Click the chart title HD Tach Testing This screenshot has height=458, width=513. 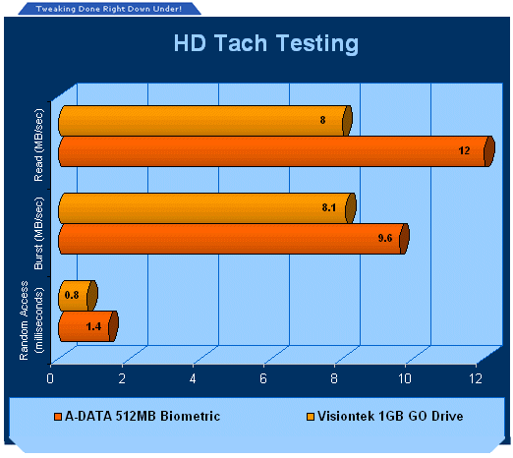pyautogui.click(x=266, y=43)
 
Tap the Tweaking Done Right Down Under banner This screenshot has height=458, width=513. pyautogui.click(x=109, y=9)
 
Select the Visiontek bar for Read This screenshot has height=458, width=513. pyautogui.click(x=205, y=121)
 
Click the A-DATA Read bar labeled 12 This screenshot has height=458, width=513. pyautogui.click(x=276, y=151)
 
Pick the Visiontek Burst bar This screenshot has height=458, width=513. pyautogui.click(x=207, y=208)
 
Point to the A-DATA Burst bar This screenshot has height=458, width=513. pyautogui.click(x=234, y=239)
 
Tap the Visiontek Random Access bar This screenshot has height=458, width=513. pyautogui.click(x=78, y=296)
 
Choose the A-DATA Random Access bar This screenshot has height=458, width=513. pyautogui.click(x=88, y=326)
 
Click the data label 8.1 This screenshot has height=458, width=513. pyautogui.click(x=329, y=207)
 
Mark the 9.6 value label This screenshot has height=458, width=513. pyautogui.click(x=385, y=238)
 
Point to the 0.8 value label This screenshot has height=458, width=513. pyautogui.click(x=72, y=295)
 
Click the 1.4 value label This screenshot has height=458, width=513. pyautogui.click(x=93, y=326)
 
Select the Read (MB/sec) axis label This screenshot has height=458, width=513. pyautogui.click(x=38, y=145)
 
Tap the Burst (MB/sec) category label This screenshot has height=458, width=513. pyautogui.click(x=38, y=233)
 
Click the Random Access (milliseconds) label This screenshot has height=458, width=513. pyautogui.click(x=31, y=320)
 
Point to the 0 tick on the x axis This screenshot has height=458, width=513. pyautogui.click(x=50, y=378)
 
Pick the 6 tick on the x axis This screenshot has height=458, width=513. pyautogui.click(x=263, y=378)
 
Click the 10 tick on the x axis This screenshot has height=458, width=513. pyautogui.click(x=405, y=378)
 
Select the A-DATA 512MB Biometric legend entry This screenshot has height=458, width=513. pyautogui.click(x=138, y=416)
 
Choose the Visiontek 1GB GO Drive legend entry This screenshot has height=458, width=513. pyautogui.click(x=385, y=416)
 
